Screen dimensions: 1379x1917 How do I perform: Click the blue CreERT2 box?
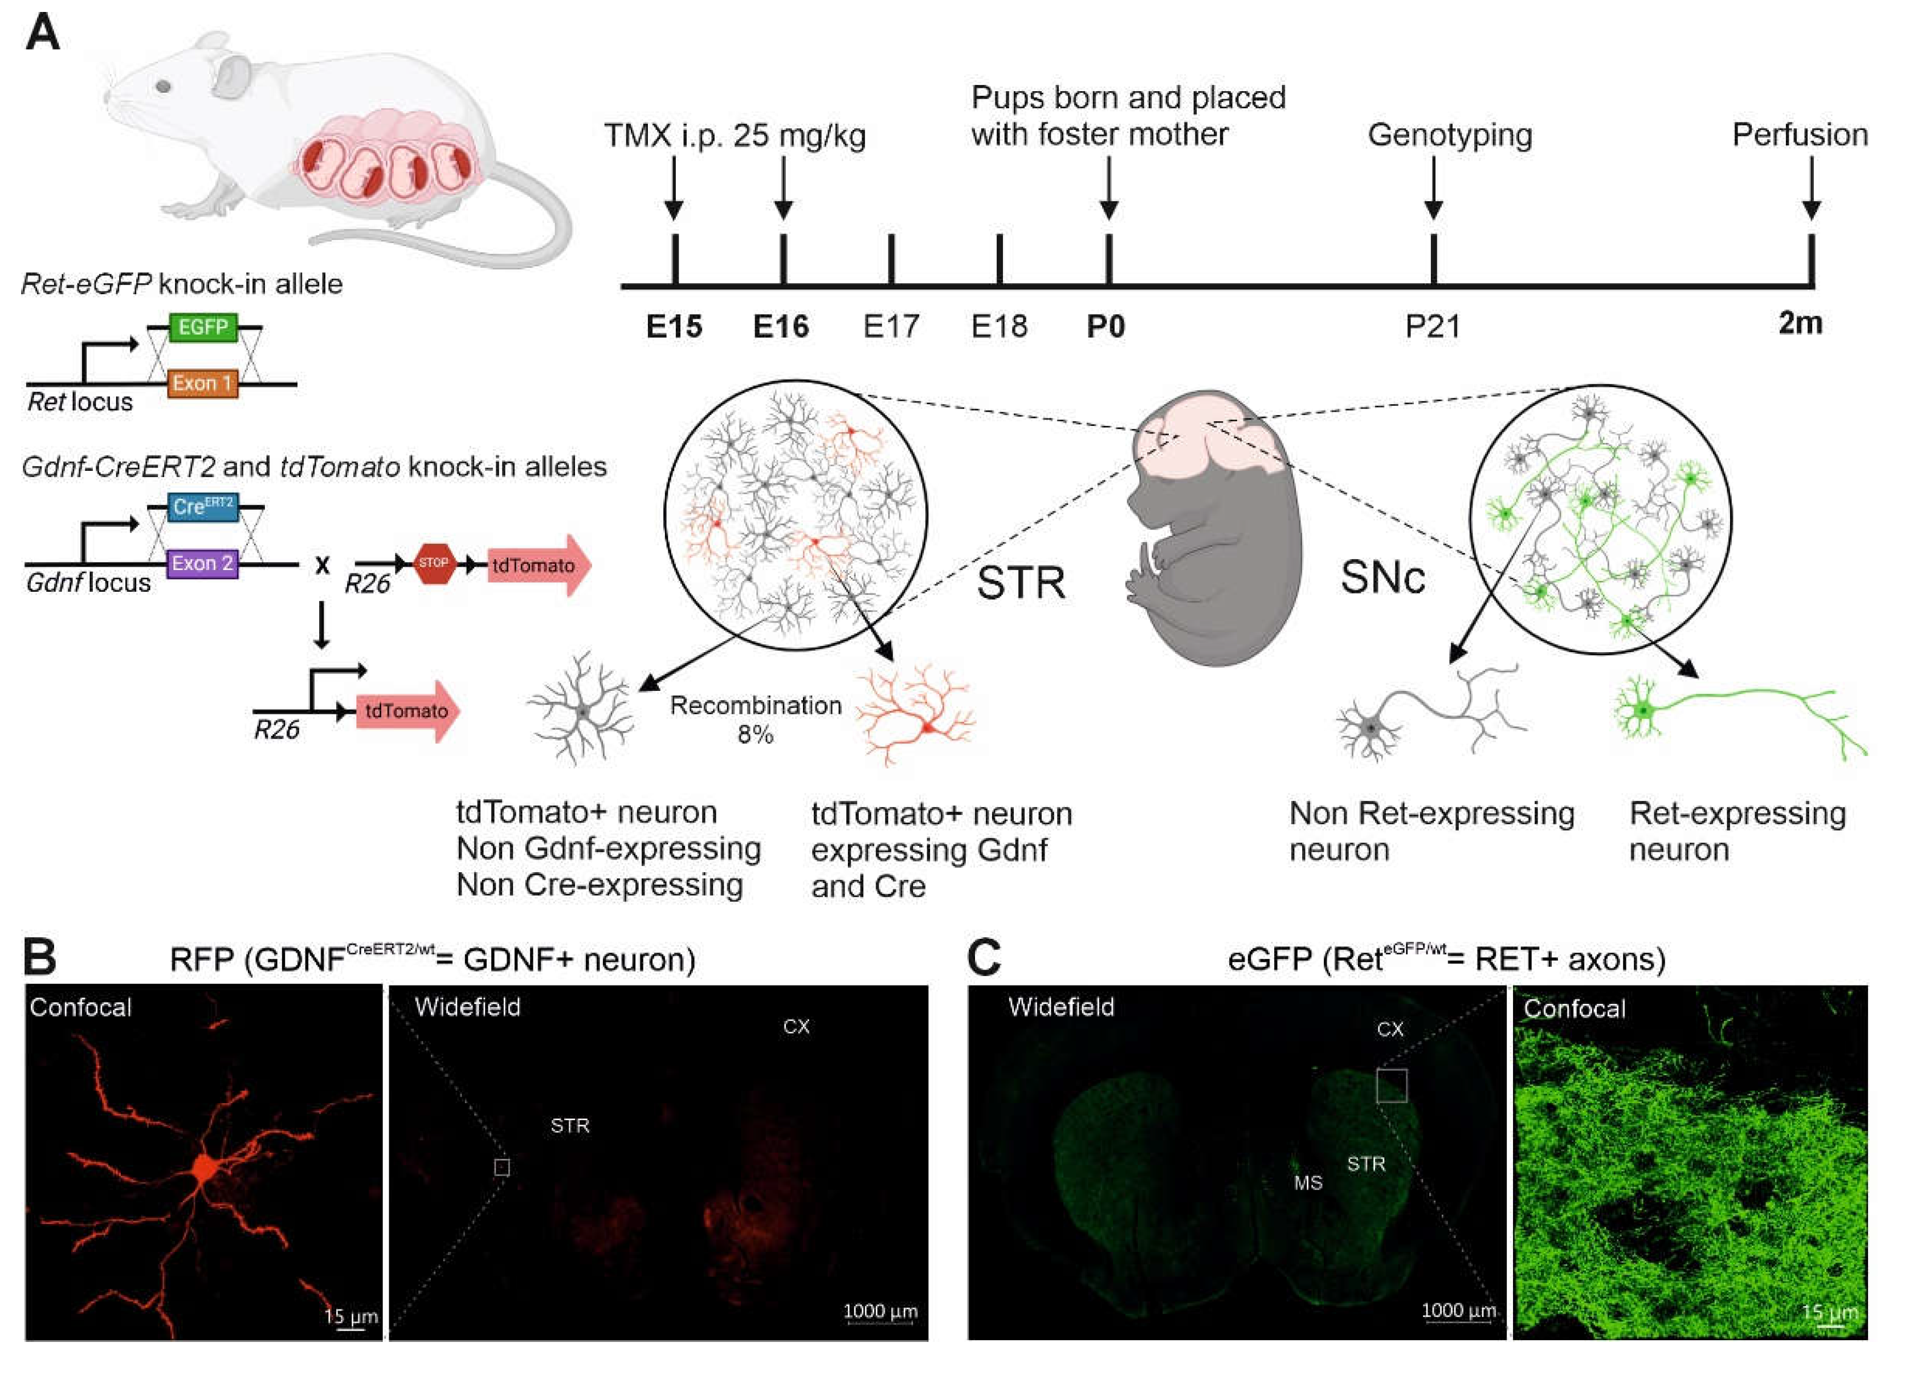pyautogui.click(x=203, y=506)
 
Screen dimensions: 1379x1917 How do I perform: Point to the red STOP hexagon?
pyautogui.click(x=434, y=563)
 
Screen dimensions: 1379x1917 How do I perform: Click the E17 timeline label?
pyautogui.click(x=891, y=326)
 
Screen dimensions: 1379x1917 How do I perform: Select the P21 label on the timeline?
pyautogui.click(x=1433, y=326)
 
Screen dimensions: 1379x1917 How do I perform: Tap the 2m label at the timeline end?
pyautogui.click(x=1800, y=323)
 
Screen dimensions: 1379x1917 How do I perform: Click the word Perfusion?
pyautogui.click(x=1800, y=135)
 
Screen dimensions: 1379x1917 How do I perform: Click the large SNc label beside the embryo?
pyautogui.click(x=1383, y=577)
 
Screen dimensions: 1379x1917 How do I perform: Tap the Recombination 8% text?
pyautogui.click(x=756, y=719)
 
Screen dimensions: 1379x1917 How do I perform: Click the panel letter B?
pyautogui.click(x=40, y=958)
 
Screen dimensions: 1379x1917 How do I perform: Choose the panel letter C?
pyautogui.click(x=983, y=958)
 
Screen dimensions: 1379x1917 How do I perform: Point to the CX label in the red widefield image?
pyautogui.click(x=796, y=1027)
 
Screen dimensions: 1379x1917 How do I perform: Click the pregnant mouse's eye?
pyautogui.click(x=164, y=86)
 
